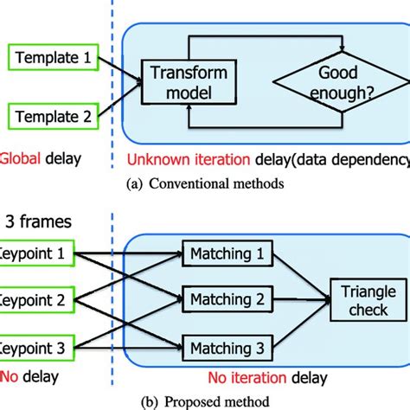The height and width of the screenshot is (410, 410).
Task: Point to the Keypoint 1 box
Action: (36, 255)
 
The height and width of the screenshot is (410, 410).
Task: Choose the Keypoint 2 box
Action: (36, 300)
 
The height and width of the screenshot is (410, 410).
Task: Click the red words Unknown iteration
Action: (178, 158)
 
